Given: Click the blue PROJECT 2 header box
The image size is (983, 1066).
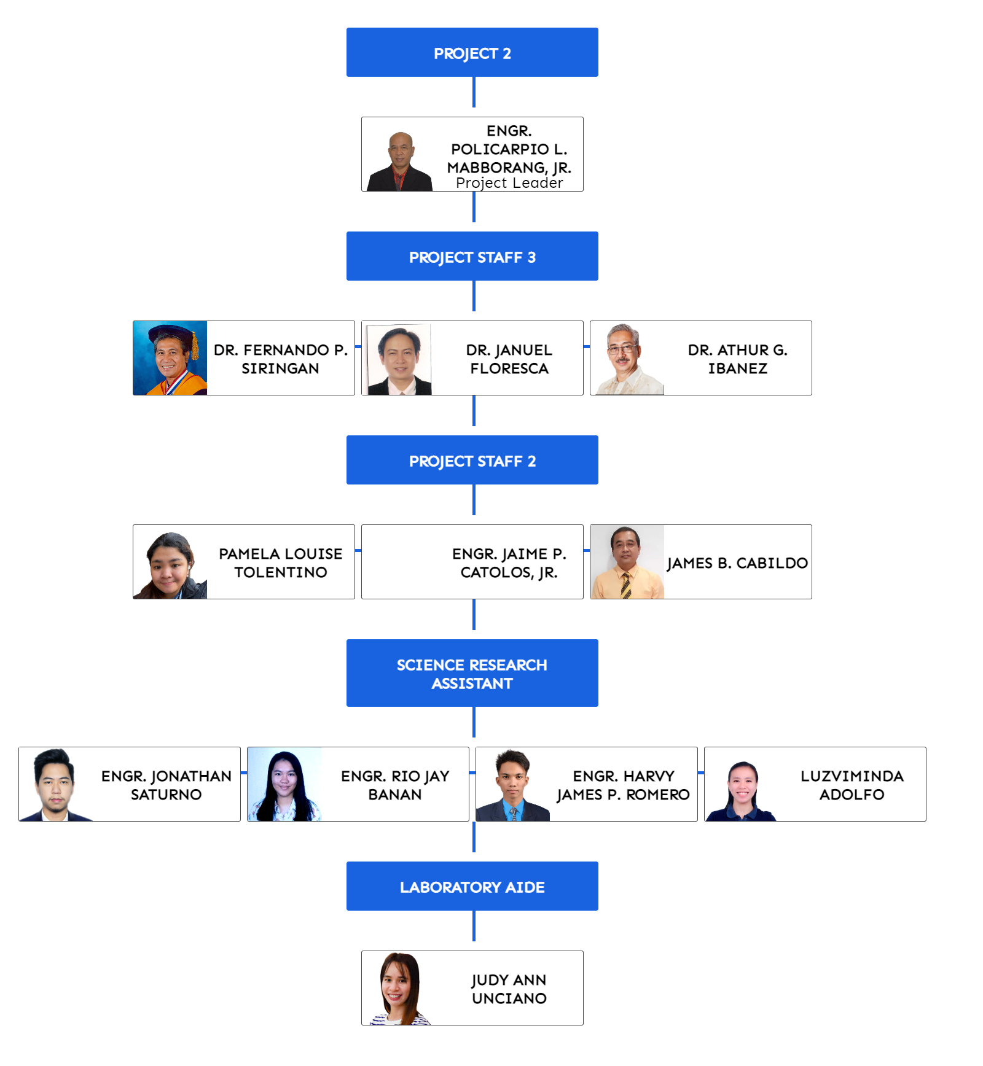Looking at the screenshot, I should pyautogui.click(x=472, y=53).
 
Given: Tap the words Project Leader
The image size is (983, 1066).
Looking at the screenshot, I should pyautogui.click(x=509, y=183).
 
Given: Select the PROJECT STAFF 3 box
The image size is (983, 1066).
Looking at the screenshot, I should pyautogui.click(x=472, y=257).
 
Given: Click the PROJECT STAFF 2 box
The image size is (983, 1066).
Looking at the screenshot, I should pyautogui.click(x=472, y=461).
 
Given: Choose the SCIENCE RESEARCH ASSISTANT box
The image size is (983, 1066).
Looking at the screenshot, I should pyautogui.click(x=472, y=674).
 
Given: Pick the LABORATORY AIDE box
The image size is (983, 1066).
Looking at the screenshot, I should pyautogui.click(x=472, y=887).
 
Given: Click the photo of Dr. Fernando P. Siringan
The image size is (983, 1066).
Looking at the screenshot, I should pyautogui.click(x=170, y=358).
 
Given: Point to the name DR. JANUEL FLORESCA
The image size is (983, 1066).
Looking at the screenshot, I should pyautogui.click(x=509, y=359).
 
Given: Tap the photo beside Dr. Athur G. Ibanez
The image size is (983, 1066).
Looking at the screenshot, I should pyautogui.click(x=626, y=359).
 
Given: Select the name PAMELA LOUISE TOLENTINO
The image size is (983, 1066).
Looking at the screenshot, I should pyautogui.click(x=280, y=562).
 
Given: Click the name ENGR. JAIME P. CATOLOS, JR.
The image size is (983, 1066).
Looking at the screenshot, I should pyautogui.click(x=509, y=562).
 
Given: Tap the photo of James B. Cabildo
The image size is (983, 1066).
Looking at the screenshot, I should pyautogui.click(x=627, y=562).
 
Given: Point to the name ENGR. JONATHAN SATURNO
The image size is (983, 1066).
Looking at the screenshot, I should pyautogui.click(x=166, y=785).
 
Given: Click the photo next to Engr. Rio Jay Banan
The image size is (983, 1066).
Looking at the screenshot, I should pyautogui.click(x=284, y=785).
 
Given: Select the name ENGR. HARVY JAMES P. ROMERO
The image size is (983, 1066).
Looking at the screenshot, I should pyautogui.click(x=623, y=785).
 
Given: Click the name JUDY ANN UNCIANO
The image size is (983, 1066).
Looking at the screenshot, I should pyautogui.click(x=509, y=989).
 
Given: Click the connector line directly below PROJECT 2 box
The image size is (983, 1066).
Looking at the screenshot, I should pyautogui.click(x=474, y=92).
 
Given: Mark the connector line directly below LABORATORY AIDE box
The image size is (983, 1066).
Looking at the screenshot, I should pyautogui.click(x=474, y=926).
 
